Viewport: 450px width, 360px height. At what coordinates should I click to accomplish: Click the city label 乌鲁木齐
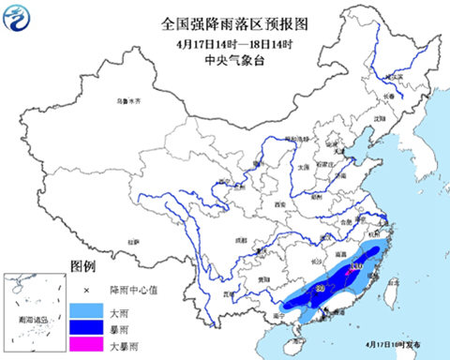point(126,99)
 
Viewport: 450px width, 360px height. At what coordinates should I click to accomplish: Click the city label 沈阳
point(379,120)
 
